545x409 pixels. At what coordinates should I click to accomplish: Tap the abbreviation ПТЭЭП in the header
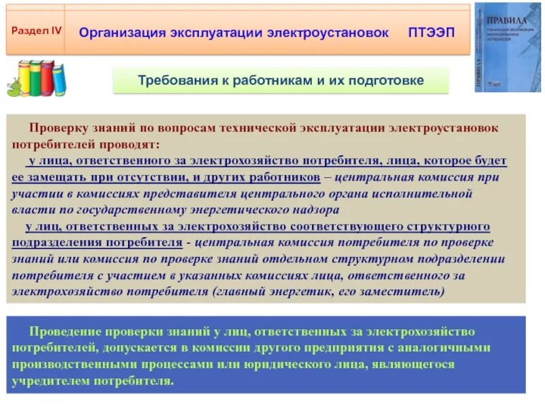tap(431, 33)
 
